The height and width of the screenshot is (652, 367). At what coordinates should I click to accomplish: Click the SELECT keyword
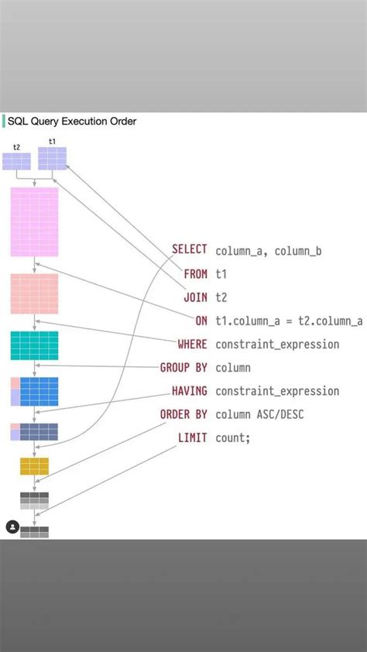[x=189, y=250]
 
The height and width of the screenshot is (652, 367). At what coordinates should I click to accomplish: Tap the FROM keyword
[x=195, y=274]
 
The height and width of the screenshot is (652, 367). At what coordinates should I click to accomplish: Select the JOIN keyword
[x=195, y=297]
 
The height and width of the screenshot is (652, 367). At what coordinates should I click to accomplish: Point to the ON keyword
[x=201, y=321]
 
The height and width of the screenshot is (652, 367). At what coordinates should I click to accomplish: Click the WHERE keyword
[x=192, y=344]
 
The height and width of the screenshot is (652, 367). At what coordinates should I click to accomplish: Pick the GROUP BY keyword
[x=183, y=367]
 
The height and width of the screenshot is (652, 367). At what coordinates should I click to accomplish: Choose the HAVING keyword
[x=189, y=391]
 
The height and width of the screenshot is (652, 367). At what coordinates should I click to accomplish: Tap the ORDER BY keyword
[x=183, y=414]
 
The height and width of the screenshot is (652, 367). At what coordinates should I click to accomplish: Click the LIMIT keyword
[x=192, y=438]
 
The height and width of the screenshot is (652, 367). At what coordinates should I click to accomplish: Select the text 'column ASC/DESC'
[x=259, y=414]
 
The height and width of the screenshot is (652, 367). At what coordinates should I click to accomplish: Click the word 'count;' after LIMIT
[x=233, y=438]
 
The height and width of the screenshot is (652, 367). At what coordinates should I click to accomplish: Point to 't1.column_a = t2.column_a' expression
[x=289, y=321]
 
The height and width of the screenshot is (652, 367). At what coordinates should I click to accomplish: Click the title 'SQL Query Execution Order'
[x=72, y=122]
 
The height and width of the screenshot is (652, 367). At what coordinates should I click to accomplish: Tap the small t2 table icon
[x=16, y=161]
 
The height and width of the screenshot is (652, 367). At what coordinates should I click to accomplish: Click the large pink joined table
[x=34, y=221]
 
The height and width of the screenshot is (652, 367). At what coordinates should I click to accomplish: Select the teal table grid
[x=34, y=345]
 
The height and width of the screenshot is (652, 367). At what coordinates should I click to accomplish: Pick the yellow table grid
[x=34, y=466]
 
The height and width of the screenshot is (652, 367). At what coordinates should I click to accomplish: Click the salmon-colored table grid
[x=34, y=293]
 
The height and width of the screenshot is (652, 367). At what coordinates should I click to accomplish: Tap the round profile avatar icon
[x=12, y=527]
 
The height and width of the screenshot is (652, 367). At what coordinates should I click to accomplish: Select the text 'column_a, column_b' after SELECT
[x=268, y=250]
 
